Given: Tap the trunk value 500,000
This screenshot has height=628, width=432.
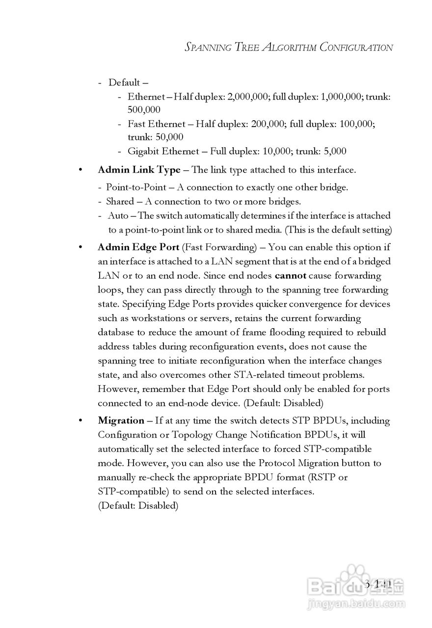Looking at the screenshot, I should tap(144, 110).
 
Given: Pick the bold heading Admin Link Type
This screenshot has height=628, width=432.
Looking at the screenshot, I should tap(139, 170).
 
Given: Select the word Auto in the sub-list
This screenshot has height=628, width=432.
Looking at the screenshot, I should tap(118, 215).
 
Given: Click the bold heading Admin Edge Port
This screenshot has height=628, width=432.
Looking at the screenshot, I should tap(138, 247).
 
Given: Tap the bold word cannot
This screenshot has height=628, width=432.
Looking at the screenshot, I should tap(291, 276).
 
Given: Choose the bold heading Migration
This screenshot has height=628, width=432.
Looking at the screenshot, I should tap(121, 420).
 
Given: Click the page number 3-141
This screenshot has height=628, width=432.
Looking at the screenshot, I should tap(378, 583).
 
